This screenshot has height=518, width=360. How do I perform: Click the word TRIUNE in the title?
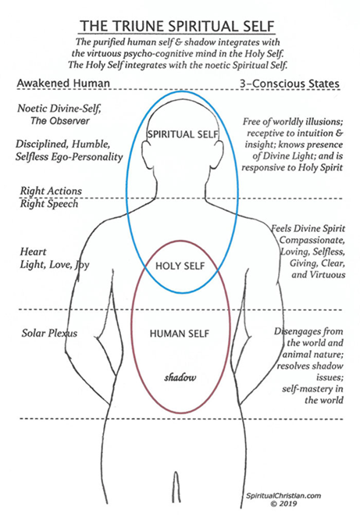coord(143,26)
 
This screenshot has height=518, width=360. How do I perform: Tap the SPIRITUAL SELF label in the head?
coord(183,134)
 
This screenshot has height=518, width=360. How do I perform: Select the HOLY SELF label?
coord(180,266)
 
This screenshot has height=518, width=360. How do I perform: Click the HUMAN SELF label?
coord(180,334)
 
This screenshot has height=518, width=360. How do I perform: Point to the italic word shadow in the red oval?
coord(180,377)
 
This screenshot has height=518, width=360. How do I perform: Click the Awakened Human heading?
coord(63,83)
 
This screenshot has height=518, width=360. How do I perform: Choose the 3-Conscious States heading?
coord(290,84)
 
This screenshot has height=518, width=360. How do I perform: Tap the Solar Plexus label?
coord(49,333)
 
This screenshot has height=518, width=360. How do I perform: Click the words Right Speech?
coord(49,204)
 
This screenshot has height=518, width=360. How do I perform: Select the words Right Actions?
coord(51,191)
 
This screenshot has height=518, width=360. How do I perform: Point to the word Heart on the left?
coord(33,252)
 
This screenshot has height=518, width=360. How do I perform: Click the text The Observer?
coord(60,121)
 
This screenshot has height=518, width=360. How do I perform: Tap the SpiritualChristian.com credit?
coord(283,495)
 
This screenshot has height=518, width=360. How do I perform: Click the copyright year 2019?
coord(288,504)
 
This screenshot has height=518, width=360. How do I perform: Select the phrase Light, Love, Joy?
coord(55,265)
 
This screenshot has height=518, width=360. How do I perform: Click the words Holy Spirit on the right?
coord(320,167)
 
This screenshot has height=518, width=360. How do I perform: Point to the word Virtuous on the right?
coord(326,274)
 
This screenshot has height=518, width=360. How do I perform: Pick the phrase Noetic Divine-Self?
coord(59,109)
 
